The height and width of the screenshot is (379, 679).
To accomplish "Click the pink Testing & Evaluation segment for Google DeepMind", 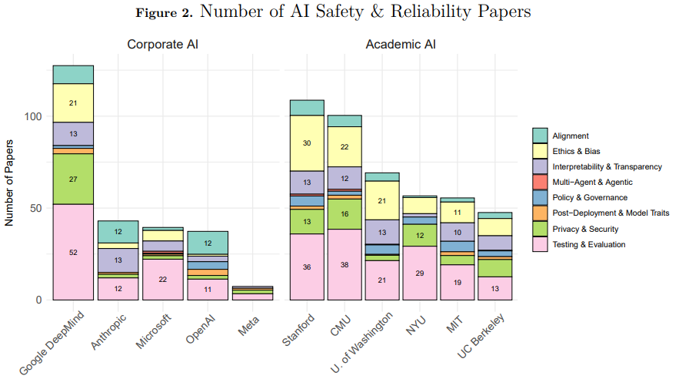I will click(x=73, y=252).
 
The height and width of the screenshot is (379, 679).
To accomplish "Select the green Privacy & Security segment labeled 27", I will click(x=73, y=179).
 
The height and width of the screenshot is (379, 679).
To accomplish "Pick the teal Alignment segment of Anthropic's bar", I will click(x=118, y=232).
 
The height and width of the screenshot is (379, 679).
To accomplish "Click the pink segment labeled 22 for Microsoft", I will click(x=162, y=279).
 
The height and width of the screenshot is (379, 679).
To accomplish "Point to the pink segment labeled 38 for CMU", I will click(x=344, y=264).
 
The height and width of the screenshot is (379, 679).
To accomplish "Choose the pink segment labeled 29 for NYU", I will click(x=419, y=273).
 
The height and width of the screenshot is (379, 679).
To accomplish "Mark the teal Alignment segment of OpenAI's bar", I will click(x=207, y=243).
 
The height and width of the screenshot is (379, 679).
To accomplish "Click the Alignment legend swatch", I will click(x=541, y=136).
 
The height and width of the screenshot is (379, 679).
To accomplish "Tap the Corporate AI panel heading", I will click(x=162, y=45).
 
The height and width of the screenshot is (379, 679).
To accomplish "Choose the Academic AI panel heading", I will click(x=400, y=45).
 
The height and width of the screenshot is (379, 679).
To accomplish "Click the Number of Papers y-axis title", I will click(x=10, y=183).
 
